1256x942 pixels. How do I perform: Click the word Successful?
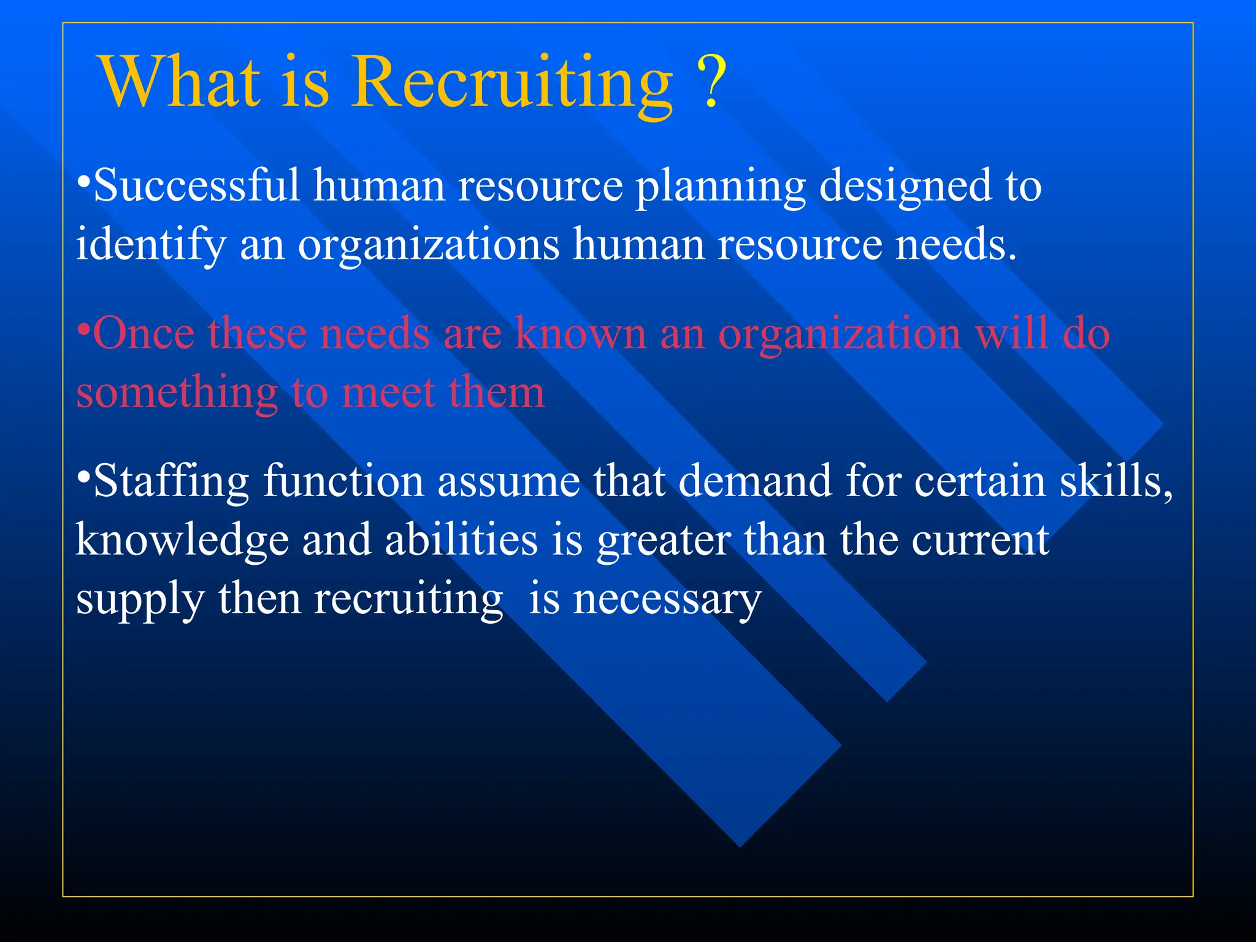click(196, 185)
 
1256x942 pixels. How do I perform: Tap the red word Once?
click(144, 334)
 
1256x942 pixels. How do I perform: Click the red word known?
click(580, 334)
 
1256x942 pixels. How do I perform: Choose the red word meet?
click(388, 392)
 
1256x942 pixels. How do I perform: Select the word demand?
click(754, 481)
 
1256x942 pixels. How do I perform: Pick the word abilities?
click(461, 540)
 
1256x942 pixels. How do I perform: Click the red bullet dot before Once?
click(83, 327)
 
